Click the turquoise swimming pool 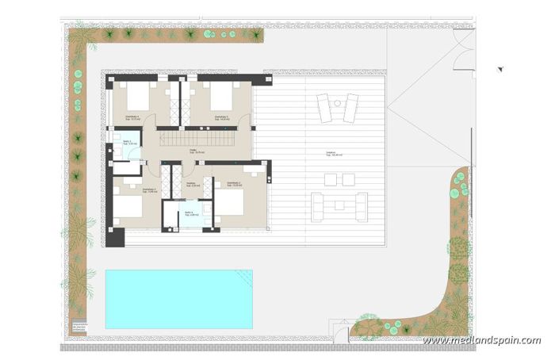click(178, 299)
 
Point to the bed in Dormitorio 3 click(128, 206)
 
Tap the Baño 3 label click(128, 143)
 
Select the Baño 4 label click(190, 213)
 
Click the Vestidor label click(191, 184)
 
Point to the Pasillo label click(193, 151)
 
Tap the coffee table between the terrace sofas click(339, 205)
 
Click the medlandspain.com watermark click(481, 340)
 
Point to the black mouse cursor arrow click(500, 69)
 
